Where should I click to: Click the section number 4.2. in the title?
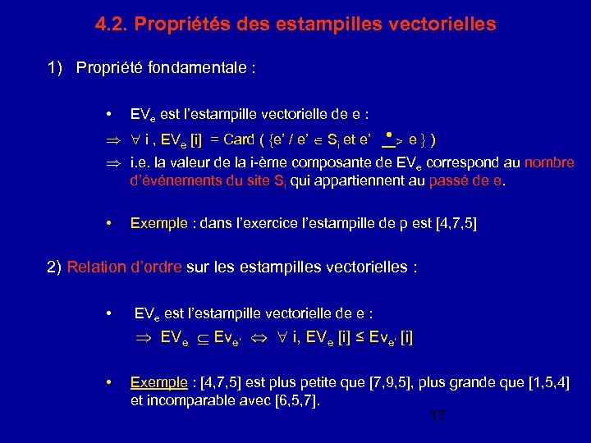click(x=112, y=25)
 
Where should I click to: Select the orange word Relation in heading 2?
click(x=95, y=266)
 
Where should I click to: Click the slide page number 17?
click(x=437, y=417)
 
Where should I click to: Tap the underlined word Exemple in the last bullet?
click(x=158, y=382)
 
